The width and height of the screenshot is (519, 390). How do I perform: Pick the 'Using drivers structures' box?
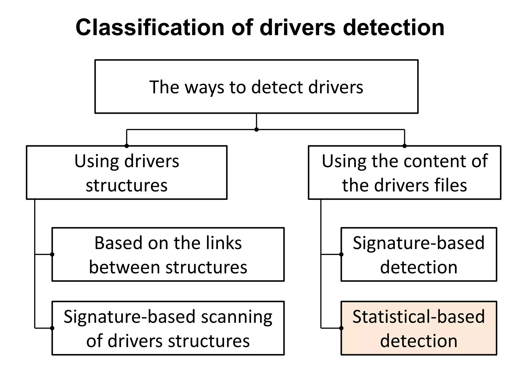point(126,173)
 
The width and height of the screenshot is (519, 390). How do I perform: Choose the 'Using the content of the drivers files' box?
point(404,173)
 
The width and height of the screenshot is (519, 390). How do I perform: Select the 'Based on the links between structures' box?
point(168,255)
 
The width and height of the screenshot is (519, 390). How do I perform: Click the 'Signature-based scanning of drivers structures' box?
point(168,328)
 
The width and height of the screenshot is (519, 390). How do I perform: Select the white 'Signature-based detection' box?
point(419,255)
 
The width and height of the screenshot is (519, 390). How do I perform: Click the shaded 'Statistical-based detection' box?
point(419,328)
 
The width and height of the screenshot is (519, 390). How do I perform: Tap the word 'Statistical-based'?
point(419,317)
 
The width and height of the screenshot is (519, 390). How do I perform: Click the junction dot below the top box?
point(256,129)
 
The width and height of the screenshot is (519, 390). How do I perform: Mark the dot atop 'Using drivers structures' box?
point(127,146)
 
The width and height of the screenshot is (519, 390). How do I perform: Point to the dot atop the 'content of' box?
point(404,146)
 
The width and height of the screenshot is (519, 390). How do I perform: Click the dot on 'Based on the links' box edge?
point(52,254)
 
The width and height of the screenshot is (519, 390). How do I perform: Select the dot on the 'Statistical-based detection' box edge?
point(341,328)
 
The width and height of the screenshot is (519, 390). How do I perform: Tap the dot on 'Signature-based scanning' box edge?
point(52,328)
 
